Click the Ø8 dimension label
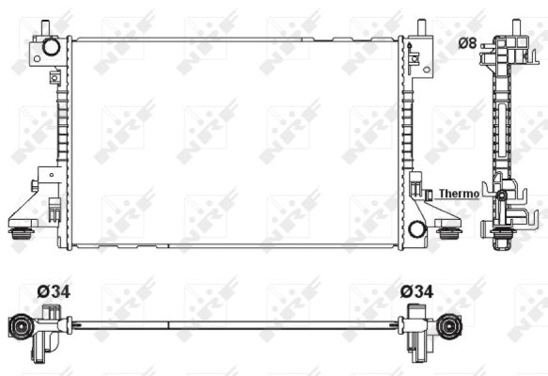coord(467,42)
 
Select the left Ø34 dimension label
coord(53,292)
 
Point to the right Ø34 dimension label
coord(416,292)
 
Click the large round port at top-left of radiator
coord(51,46)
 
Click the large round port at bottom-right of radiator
coord(417,226)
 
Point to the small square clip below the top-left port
coord(55,74)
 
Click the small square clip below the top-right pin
coord(414,58)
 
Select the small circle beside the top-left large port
coord(36,57)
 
